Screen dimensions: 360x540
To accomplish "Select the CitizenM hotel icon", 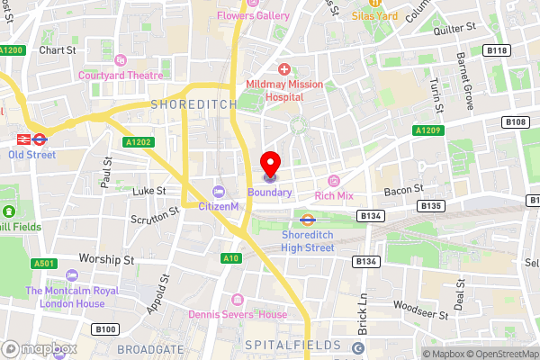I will coord(219,191).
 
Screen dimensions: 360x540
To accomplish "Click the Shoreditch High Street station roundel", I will coord(307,218).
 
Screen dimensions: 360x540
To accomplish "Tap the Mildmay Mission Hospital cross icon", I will coord(283,69).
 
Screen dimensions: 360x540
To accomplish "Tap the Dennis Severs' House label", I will coord(238,314).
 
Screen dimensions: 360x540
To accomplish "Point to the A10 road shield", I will coord(231,258).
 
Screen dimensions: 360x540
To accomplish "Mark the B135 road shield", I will coord(431,206).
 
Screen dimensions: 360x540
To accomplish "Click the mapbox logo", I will coord(36,347).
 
